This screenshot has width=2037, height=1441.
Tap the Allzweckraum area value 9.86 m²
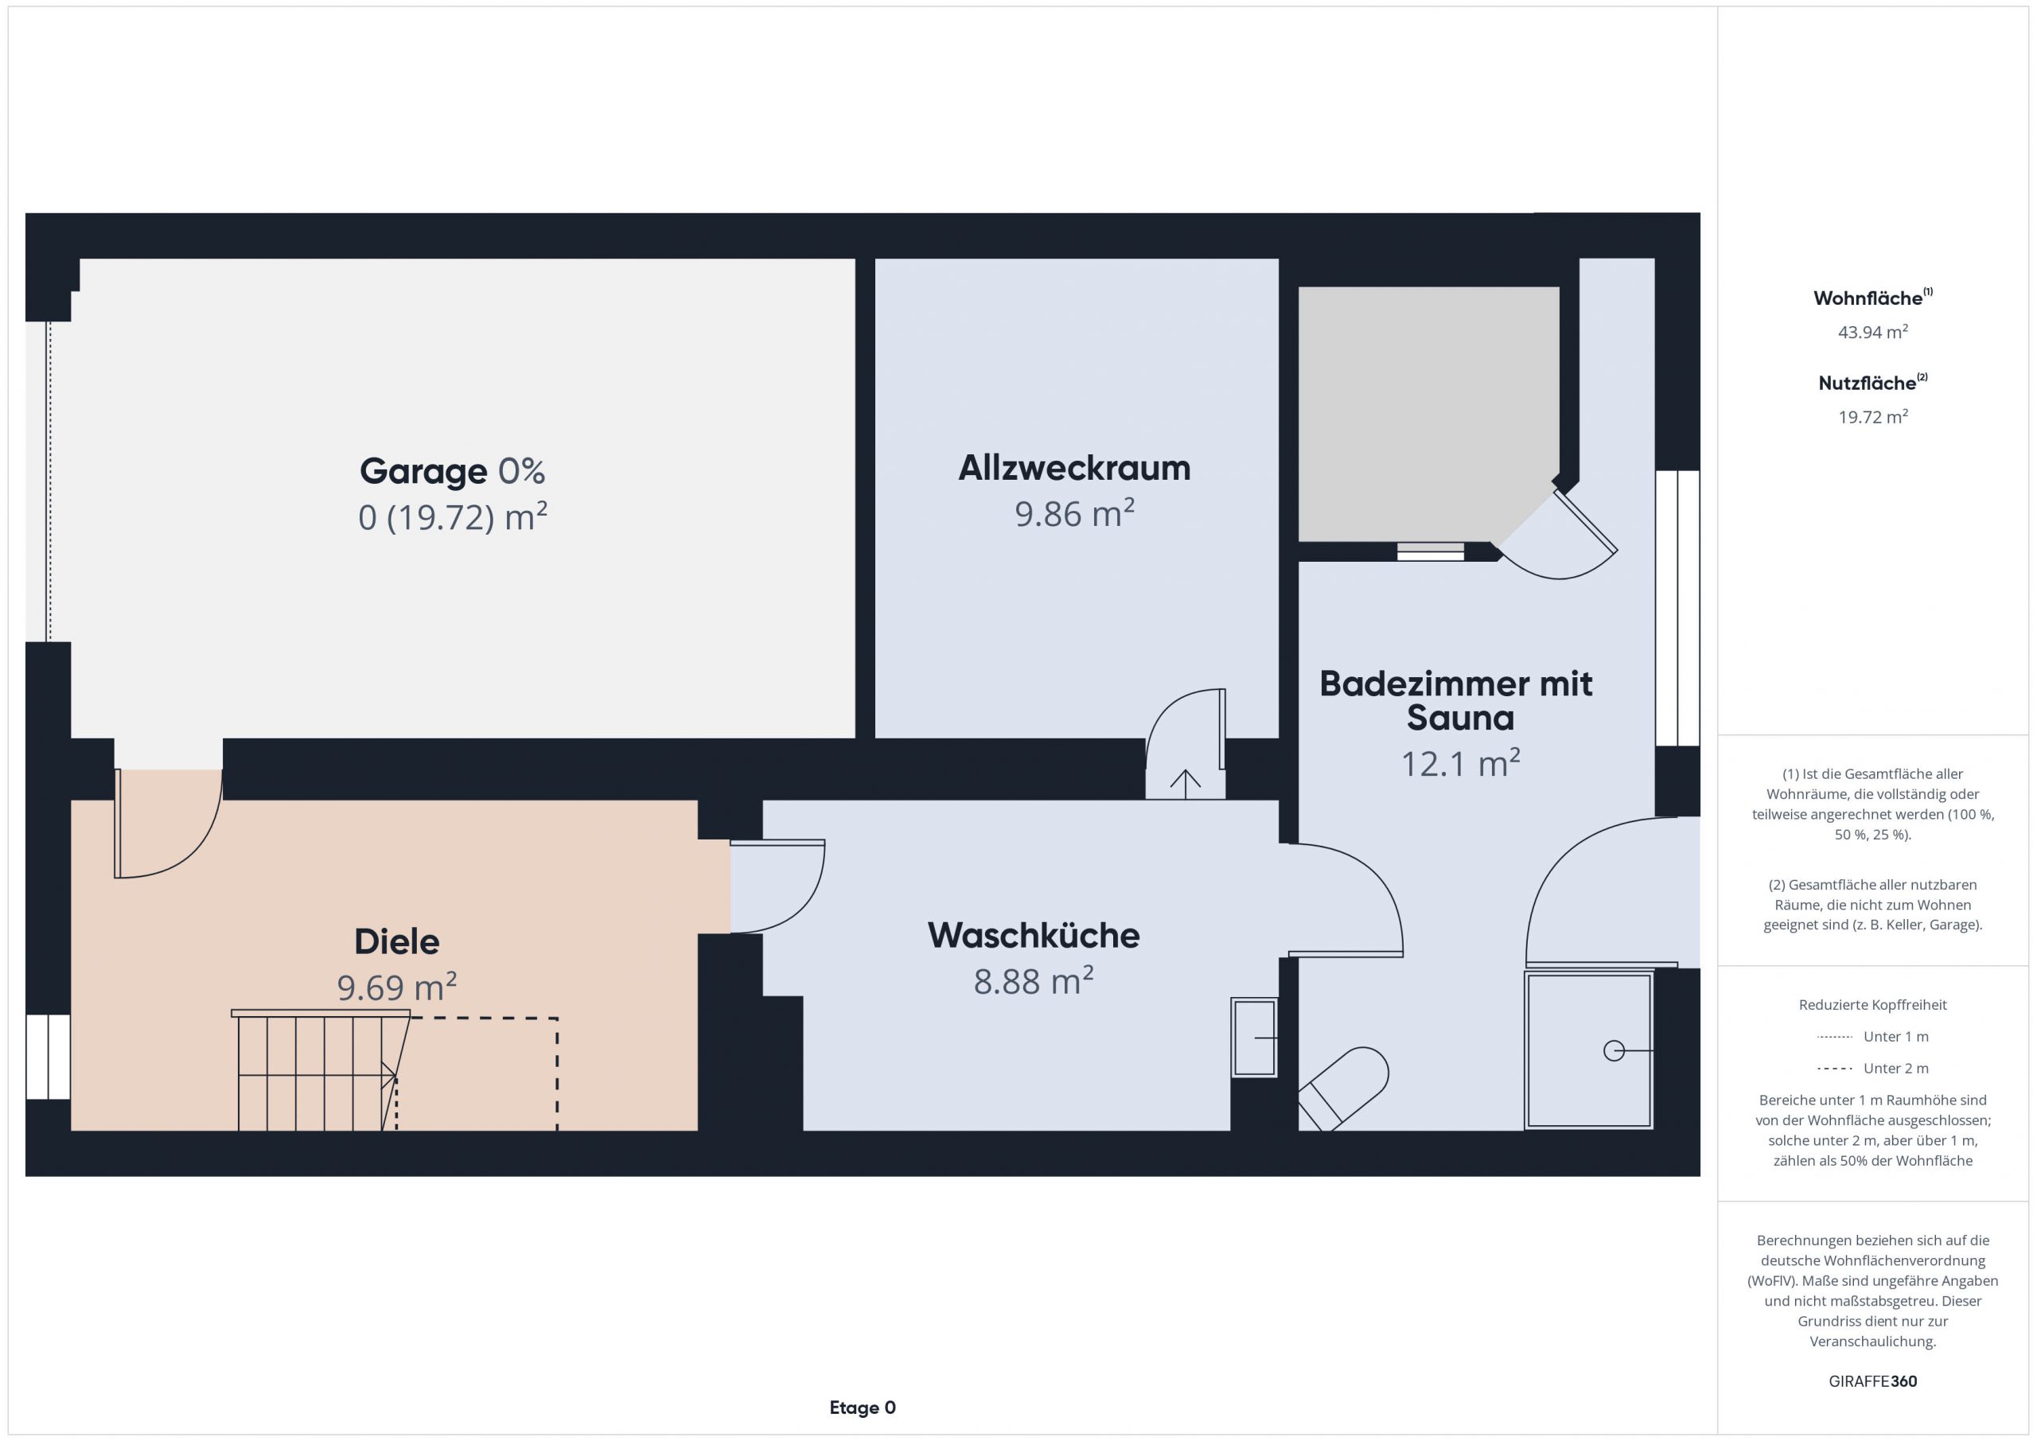coord(1074,514)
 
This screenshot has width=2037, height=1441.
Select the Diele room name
coord(396,942)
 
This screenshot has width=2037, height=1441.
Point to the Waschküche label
coord(1034,936)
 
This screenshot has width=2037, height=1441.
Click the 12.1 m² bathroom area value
coord(1460,763)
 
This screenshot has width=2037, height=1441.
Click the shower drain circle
coord(1614,1050)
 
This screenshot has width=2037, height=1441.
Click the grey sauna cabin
coord(1428,414)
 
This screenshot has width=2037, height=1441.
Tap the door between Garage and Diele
coord(169,824)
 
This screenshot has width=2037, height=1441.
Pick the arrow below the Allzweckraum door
coord(1186,780)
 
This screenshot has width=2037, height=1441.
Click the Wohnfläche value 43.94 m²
coord(1873,332)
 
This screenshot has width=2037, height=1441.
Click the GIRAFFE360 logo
coord(1873,1381)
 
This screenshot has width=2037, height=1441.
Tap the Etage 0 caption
coord(863,1408)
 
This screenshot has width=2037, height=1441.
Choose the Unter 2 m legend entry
coord(1873,1069)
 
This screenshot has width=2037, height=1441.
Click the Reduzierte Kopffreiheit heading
coord(1873,1005)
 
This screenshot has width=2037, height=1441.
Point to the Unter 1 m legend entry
coord(1873,1036)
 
